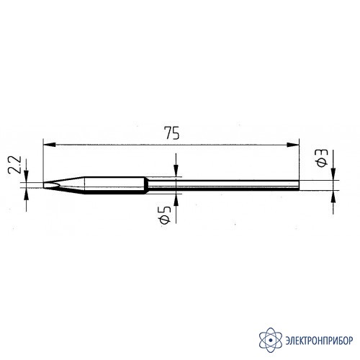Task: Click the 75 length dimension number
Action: pos(171,133)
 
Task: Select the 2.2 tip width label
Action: pos(14,165)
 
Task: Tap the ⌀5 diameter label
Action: pos(166,215)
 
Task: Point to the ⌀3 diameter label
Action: pos(322,158)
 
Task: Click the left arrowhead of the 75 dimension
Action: pos(49,145)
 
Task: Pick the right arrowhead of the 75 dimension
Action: pos(293,145)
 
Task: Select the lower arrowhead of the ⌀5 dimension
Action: pos(176,200)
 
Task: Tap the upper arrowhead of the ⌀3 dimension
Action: pos(333,174)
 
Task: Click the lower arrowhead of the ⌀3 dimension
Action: pos(333,197)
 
